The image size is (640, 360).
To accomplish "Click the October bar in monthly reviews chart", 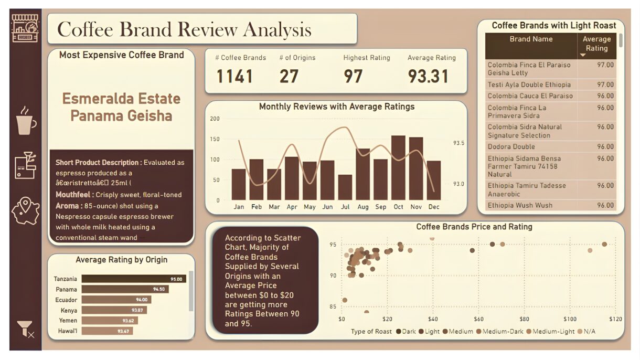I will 398,167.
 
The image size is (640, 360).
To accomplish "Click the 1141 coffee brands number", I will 234,77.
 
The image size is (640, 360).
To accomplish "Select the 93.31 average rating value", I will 428,77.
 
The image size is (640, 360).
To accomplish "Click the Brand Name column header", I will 531,39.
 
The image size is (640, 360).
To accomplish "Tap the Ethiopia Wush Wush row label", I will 520,205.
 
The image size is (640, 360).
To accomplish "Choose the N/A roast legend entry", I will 588,332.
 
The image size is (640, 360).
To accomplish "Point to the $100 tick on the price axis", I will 570,319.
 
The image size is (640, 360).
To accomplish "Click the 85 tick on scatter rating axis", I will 333,307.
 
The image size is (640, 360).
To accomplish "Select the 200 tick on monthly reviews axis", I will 215,119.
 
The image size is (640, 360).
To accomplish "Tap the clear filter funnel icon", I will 25,329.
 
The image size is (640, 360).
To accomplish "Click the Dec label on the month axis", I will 433,207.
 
